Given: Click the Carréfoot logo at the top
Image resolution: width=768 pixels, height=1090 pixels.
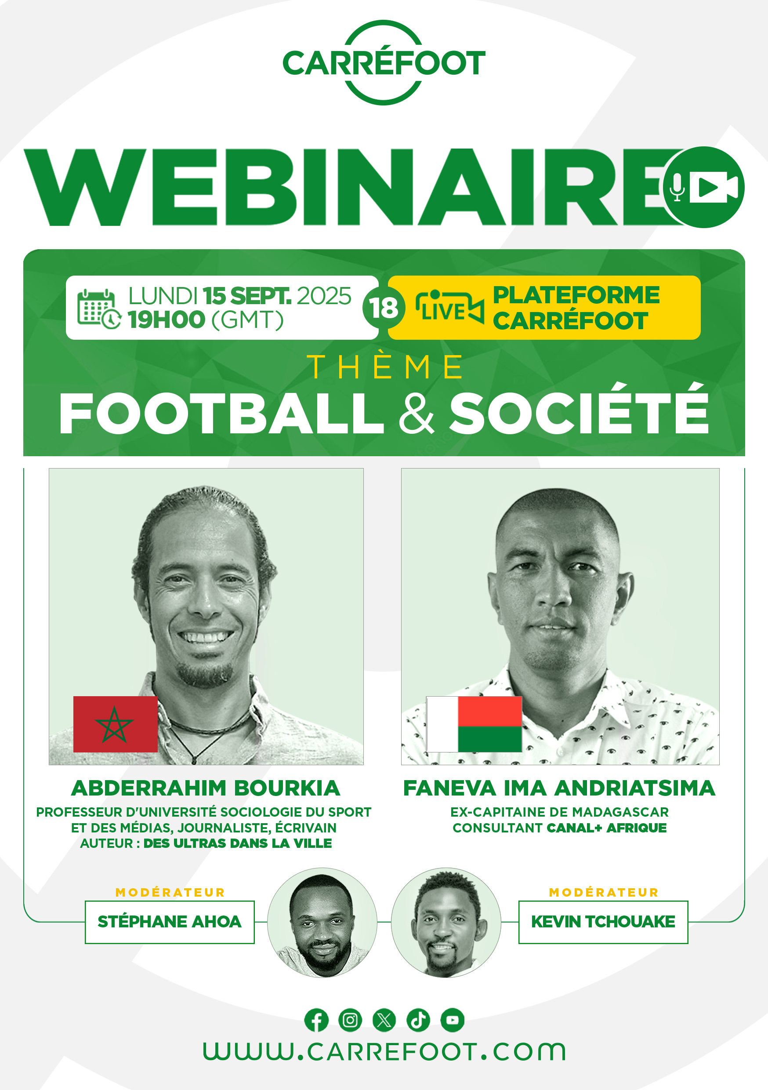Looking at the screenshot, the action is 384,62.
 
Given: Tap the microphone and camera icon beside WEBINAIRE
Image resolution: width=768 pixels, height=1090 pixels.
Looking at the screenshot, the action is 703,187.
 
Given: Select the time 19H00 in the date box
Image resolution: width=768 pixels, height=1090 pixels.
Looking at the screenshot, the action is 166,320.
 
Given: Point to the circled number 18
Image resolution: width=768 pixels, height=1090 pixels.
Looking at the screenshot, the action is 384,308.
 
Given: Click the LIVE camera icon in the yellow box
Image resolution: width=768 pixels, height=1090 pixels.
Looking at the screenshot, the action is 449,308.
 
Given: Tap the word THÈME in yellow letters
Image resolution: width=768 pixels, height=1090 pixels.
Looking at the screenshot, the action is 384,367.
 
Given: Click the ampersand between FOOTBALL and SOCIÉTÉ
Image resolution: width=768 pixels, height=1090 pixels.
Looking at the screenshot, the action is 416,413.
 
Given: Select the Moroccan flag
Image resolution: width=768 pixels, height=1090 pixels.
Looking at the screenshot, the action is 116,724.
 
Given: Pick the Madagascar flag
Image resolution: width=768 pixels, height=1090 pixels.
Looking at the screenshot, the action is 474,724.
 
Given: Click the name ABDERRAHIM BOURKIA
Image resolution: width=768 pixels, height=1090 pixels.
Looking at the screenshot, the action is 206,788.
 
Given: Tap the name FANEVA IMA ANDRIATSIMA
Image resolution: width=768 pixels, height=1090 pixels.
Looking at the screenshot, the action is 559,788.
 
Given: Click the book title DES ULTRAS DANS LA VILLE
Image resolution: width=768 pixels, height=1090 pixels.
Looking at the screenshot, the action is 238,843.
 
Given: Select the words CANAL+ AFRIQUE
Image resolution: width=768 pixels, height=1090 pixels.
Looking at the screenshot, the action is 607,828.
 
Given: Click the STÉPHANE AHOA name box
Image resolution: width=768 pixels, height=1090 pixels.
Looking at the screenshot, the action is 170,922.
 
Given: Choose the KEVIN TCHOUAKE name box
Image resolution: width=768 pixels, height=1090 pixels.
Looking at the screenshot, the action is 603,922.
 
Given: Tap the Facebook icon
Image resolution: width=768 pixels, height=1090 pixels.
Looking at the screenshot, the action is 317,1020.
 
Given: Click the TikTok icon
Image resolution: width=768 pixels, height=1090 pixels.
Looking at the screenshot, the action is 418,1020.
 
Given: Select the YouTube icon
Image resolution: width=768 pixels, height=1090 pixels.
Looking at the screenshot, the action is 453,1020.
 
